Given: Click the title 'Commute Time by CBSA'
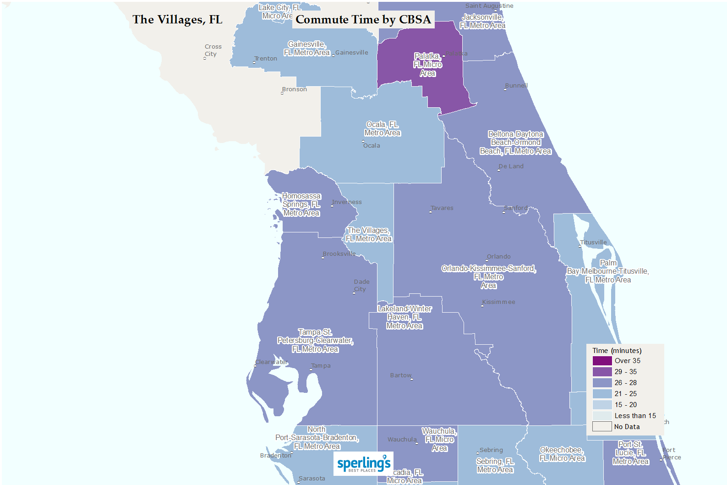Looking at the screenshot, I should pos(363,20).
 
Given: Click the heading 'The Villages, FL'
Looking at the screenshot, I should pos(177,20).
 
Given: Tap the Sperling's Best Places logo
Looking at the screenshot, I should pos(363,464).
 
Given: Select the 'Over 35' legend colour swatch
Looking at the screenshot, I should pos(602,361).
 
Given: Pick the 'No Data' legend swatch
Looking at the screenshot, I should pos(602,427).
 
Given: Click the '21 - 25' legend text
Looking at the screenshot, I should pos(625,394).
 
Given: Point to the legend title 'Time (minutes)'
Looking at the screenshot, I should pos(617,351).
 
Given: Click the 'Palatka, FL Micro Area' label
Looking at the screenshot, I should pos(427,65).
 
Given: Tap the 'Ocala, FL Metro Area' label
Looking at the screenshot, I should pos(382,129).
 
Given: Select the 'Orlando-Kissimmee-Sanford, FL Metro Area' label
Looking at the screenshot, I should pos(488,277).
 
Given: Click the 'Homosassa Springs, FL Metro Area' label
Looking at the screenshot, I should pos(301,204).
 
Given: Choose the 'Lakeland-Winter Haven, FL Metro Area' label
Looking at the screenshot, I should pos(404,317).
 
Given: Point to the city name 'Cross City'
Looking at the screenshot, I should pos(213,50).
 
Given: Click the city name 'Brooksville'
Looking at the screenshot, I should pos(339,254).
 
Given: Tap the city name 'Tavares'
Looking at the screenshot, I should pos(442,208).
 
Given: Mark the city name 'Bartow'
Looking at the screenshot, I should pos(401,375).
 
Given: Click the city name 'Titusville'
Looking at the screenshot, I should pos(593,242).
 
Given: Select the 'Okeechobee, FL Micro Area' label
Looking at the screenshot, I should pos(562,454).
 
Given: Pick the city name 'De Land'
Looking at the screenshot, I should pos(511,166).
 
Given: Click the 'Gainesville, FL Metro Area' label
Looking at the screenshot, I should pos(306,49).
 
